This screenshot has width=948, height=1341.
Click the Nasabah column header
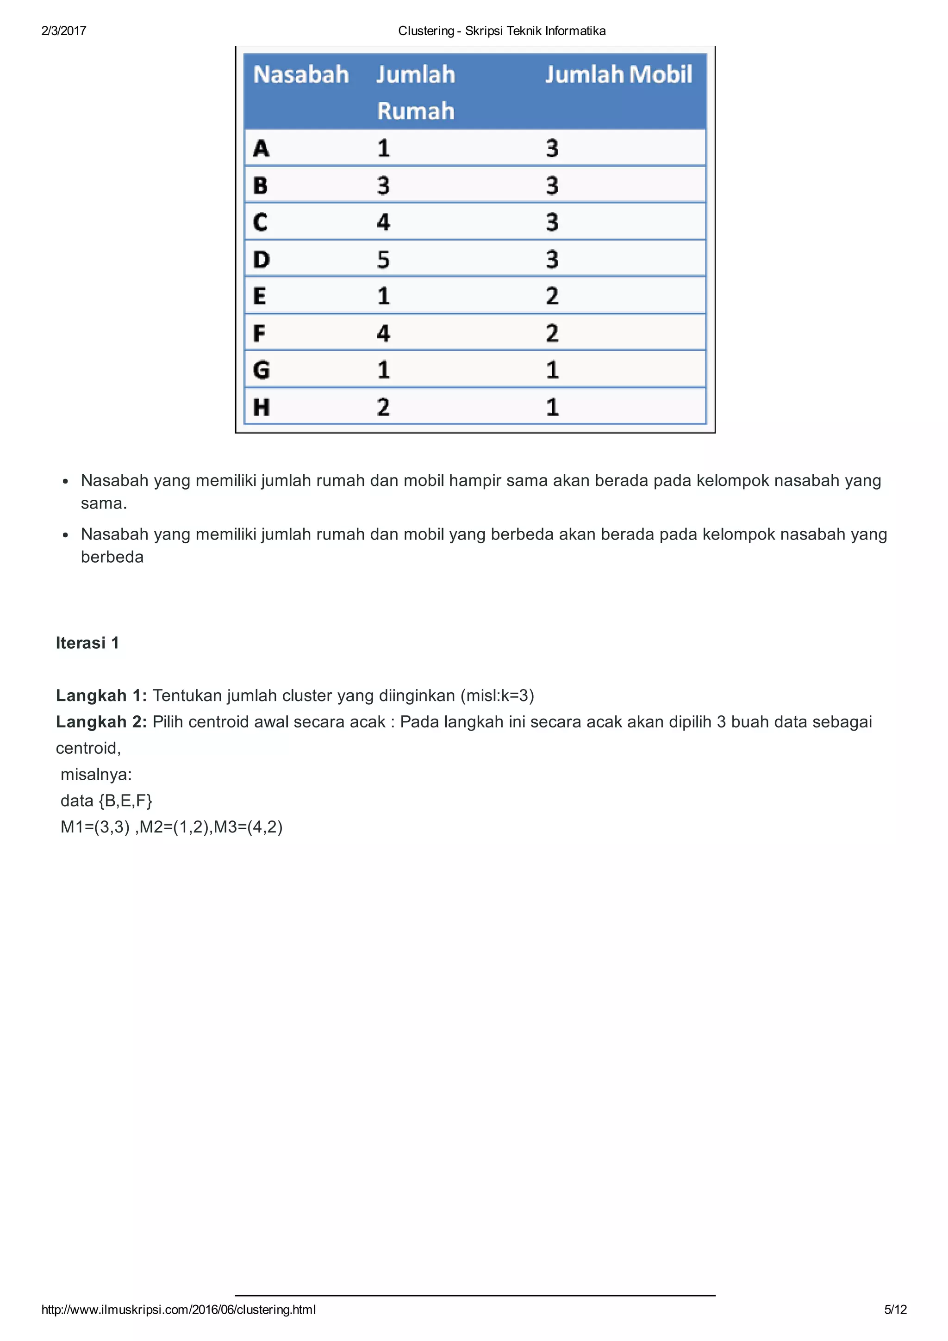click(x=301, y=75)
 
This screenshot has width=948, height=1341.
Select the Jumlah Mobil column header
click(x=618, y=75)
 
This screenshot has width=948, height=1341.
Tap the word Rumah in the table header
click(x=415, y=111)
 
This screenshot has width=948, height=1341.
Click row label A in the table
click(x=261, y=149)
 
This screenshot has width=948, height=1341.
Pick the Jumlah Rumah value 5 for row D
click(x=383, y=259)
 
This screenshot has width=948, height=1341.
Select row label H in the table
click(x=261, y=407)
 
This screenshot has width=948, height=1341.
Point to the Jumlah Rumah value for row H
click(x=383, y=407)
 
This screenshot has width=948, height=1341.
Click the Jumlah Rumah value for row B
click(x=383, y=186)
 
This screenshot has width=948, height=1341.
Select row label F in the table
click(x=259, y=333)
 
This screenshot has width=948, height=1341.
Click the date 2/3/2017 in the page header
click(x=64, y=31)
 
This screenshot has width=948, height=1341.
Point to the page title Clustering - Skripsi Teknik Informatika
click(x=502, y=31)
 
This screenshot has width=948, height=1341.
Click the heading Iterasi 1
click(x=87, y=643)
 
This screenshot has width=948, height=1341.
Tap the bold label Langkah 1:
click(x=101, y=695)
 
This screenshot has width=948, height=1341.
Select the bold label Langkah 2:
click(x=101, y=722)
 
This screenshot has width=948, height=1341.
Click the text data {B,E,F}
click(x=106, y=801)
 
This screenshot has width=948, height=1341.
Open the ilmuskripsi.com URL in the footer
click(x=179, y=1310)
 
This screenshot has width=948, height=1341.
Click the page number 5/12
click(x=895, y=1310)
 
